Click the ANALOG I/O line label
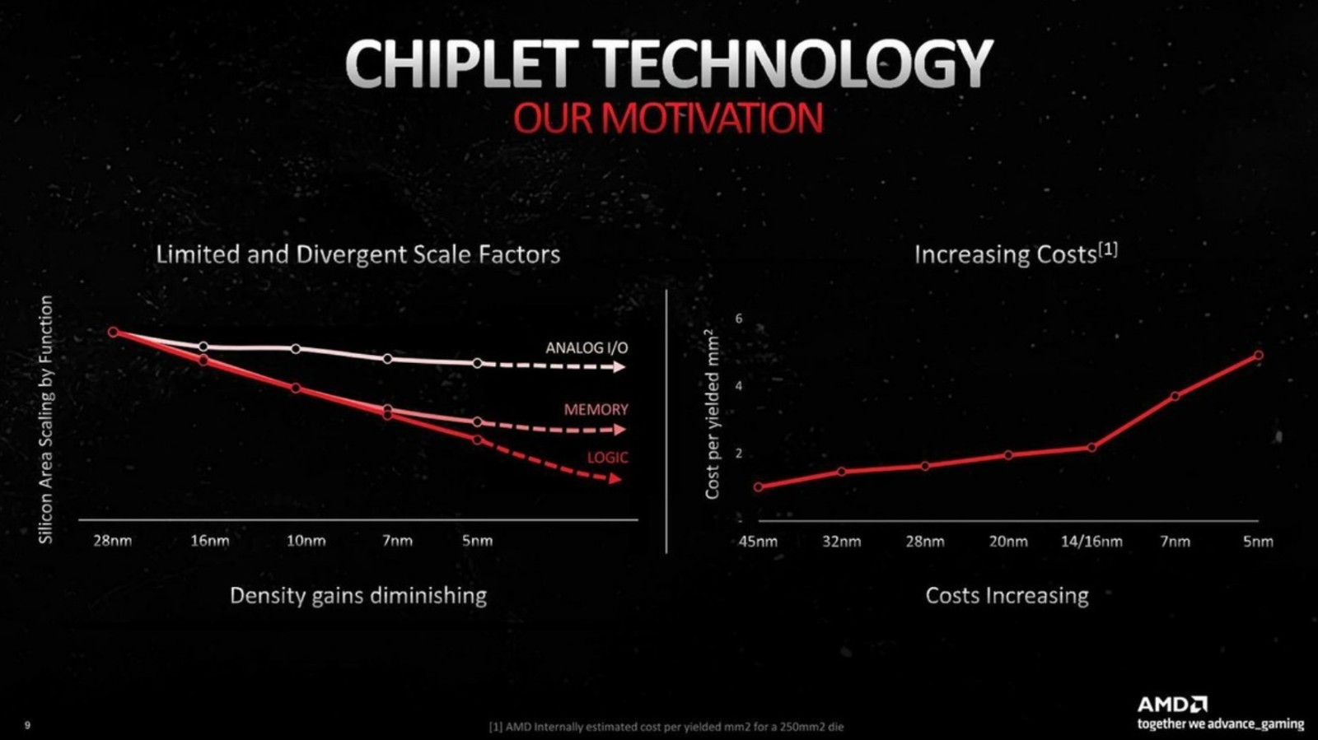pos(587,348)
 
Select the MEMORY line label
pos(596,409)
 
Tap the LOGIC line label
pos(607,457)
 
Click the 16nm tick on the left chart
pos(209,541)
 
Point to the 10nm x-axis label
pos(306,541)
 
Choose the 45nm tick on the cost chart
pos(757,542)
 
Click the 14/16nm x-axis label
pos(1091,542)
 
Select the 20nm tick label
pos(1008,542)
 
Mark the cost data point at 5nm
pos(1259,356)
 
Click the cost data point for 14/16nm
pos(1092,448)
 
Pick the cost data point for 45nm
pos(759,487)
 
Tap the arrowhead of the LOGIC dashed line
pos(615,478)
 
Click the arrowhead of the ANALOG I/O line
pos(619,367)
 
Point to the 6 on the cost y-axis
pos(739,319)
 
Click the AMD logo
pos(1172,704)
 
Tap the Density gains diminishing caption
pos(358,595)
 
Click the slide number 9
pos(28,725)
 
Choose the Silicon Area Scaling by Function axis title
pos(46,419)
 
